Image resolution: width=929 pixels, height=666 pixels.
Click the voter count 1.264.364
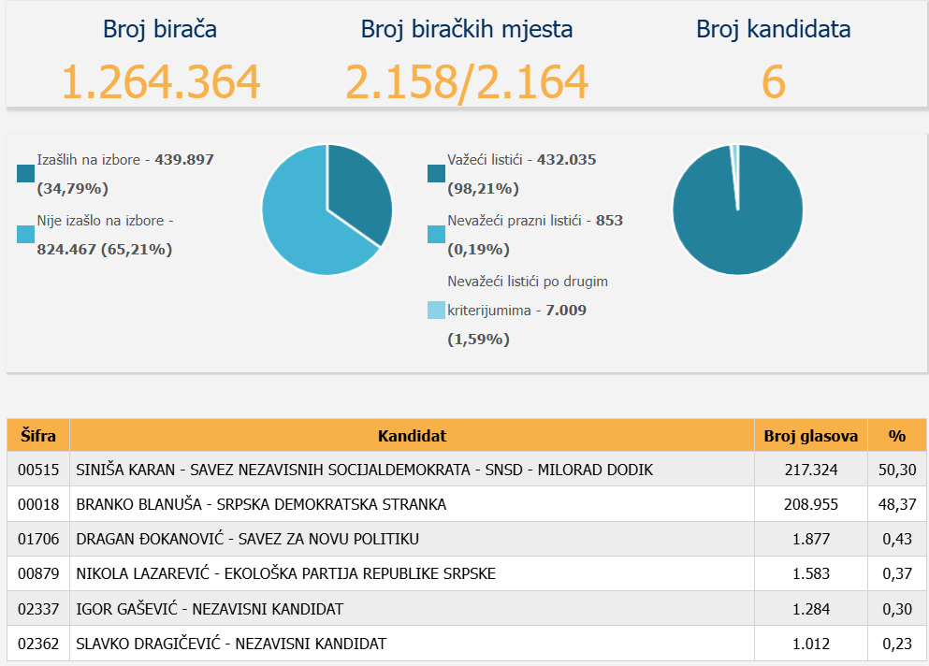[160, 81]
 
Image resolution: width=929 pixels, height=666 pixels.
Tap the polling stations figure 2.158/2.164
[467, 81]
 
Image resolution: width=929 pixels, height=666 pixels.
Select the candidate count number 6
[773, 81]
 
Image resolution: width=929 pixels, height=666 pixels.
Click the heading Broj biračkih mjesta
[467, 29]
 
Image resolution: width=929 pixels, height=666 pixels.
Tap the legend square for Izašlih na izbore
[25, 174]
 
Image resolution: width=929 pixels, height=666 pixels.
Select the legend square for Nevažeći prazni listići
[436, 235]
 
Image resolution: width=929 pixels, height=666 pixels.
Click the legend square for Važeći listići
[436, 174]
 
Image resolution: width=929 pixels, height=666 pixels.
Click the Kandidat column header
[412, 436]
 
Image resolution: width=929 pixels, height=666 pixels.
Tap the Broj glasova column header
[810, 436]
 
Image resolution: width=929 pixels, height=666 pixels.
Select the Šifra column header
[38, 436]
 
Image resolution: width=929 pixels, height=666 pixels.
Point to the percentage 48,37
[897, 504]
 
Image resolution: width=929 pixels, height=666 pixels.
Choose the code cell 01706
[38, 539]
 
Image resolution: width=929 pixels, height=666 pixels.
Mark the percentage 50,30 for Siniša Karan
[897, 470]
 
